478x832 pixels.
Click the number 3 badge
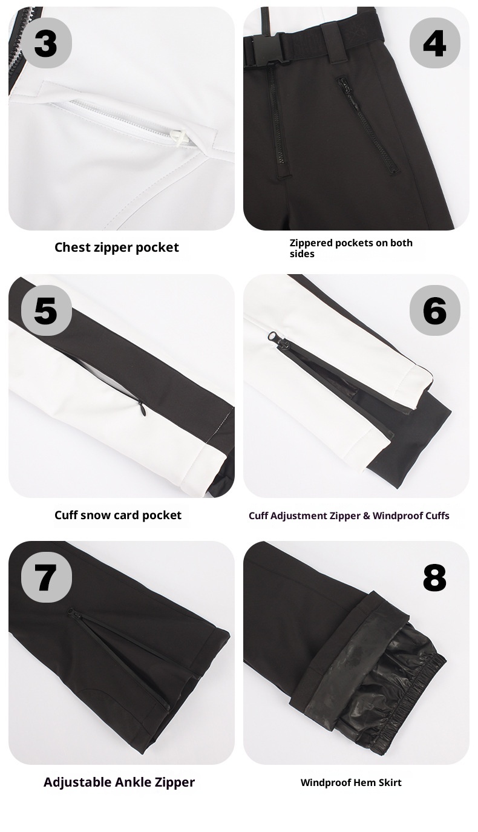click(x=46, y=43)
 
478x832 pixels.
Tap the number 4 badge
click(x=434, y=43)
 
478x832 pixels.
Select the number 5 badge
click(x=46, y=310)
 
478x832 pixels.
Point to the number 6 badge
click(x=434, y=310)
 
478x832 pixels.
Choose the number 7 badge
click(x=46, y=577)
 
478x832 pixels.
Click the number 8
click(x=434, y=578)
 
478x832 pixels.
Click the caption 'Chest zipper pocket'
click(x=117, y=247)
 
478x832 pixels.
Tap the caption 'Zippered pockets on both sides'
click(x=351, y=248)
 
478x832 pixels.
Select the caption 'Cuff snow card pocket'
click(x=118, y=515)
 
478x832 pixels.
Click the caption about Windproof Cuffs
click(x=349, y=516)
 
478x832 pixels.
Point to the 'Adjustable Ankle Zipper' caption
click(x=119, y=782)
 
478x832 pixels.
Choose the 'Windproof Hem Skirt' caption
click(x=351, y=782)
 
